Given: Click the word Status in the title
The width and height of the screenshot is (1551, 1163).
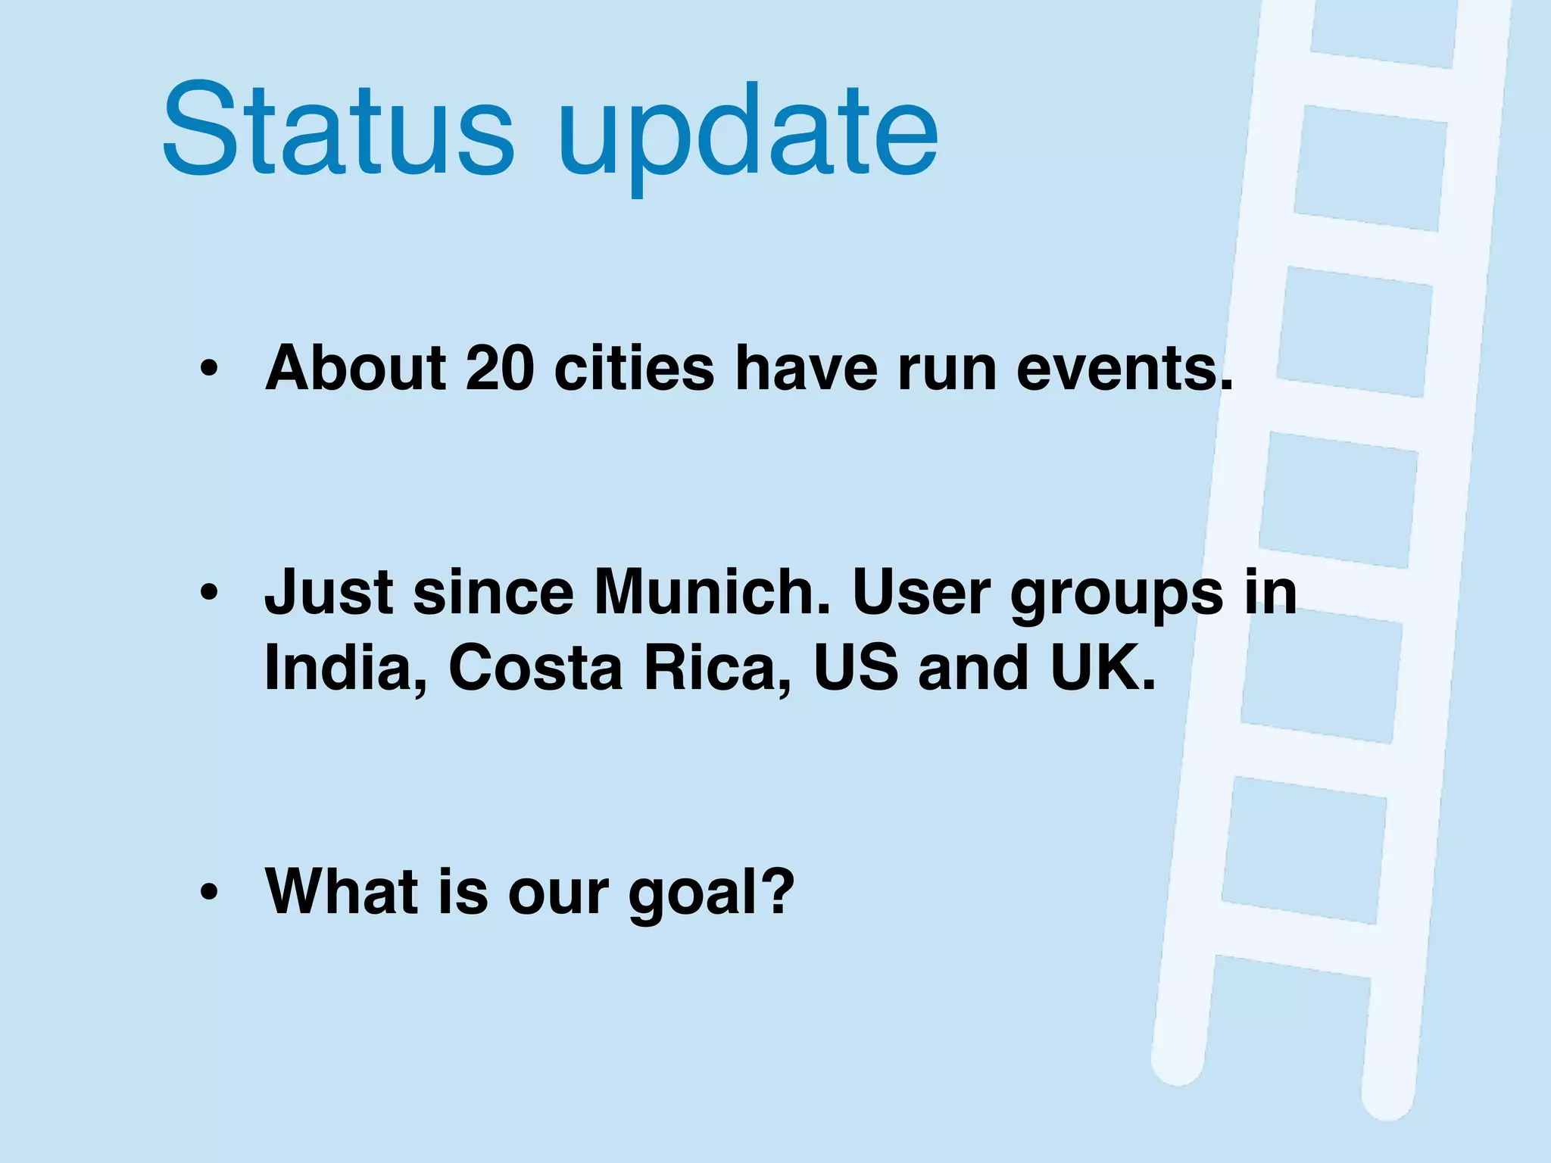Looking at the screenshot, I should point(338,130).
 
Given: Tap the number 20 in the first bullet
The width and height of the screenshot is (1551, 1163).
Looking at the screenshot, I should point(500,369).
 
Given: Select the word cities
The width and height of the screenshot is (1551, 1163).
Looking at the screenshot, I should point(634,369).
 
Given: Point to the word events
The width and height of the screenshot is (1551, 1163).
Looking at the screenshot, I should point(1124,369).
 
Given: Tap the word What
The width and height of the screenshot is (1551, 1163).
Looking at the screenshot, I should point(341,891).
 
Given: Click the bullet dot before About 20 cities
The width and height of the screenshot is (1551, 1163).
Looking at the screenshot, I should point(209,369).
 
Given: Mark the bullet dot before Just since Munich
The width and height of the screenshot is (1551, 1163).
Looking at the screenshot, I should point(209,593).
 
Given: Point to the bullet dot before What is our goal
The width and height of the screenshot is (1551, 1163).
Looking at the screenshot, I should point(209,893).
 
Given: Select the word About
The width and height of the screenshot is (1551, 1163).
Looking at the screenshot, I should point(356,369).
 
